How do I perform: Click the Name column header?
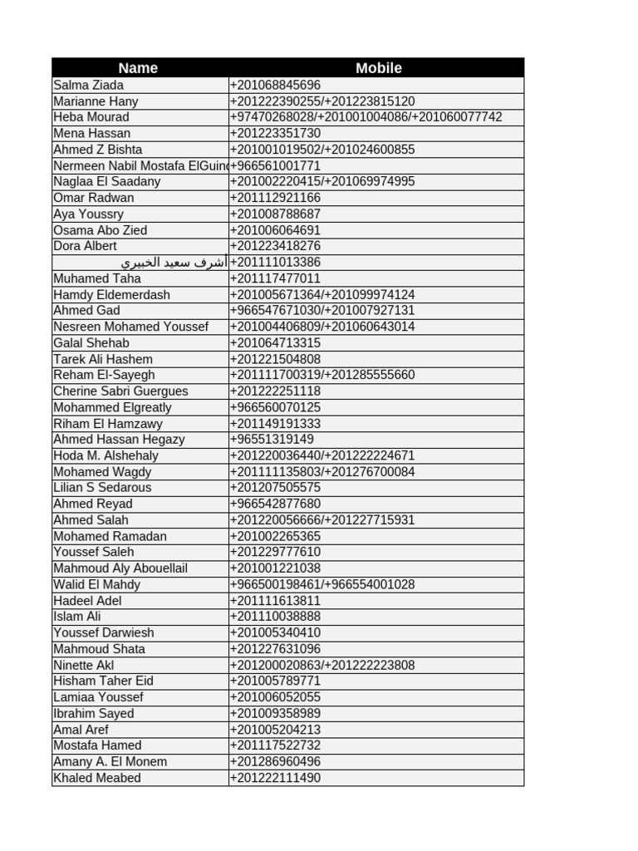tap(138, 68)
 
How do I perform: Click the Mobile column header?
tap(378, 68)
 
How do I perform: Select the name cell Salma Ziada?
tap(89, 85)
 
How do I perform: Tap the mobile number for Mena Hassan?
tap(275, 133)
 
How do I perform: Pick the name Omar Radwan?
tap(94, 198)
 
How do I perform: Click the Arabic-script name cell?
tap(173, 263)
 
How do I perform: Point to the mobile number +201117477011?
tap(275, 278)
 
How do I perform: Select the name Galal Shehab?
tap(91, 343)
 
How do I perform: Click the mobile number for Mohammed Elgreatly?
tap(275, 407)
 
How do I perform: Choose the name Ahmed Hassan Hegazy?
tap(119, 440)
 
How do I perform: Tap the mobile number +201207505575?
tap(275, 488)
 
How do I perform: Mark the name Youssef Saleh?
tap(94, 552)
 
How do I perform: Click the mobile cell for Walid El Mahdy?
tap(322, 584)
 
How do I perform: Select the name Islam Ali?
tap(77, 617)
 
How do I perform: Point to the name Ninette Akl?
tap(84, 665)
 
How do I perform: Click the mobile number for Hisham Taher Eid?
tap(275, 681)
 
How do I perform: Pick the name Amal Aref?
tap(81, 730)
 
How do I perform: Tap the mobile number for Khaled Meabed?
tap(275, 778)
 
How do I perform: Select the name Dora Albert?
tap(86, 246)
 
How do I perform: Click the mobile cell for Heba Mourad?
tap(366, 117)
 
